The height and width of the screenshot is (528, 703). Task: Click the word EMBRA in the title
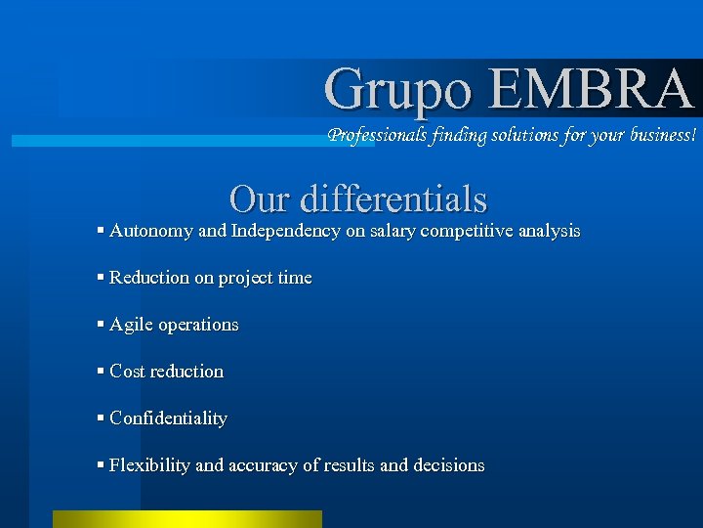coord(591,88)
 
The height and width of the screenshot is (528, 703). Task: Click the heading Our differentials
coord(357,198)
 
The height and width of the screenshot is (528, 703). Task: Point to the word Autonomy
coord(150,232)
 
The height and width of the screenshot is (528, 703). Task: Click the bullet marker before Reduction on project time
coord(102,278)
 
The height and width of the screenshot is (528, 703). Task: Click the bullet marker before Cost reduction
coord(102,372)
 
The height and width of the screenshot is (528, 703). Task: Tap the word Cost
coord(127,372)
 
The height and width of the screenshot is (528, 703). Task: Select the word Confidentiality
coord(168,418)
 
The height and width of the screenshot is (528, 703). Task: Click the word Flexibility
coord(149,465)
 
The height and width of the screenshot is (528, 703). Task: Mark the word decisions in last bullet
coord(448,465)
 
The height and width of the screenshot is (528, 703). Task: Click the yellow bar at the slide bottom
coord(186,519)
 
